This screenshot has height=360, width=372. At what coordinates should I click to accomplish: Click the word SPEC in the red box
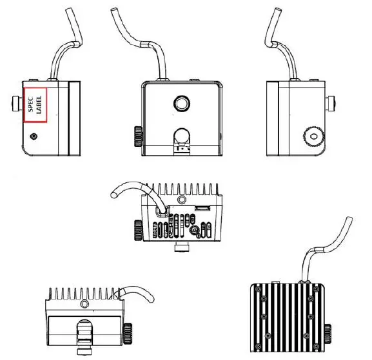pyautogui.click(x=29, y=102)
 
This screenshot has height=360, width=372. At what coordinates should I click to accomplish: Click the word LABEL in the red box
pyautogui.click(x=39, y=102)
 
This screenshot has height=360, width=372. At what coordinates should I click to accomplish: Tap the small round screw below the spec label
pyautogui.click(x=34, y=136)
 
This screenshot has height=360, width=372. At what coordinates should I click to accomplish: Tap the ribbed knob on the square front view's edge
pyautogui.click(x=137, y=135)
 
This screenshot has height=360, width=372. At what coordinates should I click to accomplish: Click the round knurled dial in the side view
pyautogui.click(x=314, y=134)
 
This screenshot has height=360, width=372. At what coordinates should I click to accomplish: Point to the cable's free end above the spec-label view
pyautogui.click(x=72, y=11)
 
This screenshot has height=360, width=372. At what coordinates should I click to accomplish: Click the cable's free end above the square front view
pyautogui.click(x=115, y=11)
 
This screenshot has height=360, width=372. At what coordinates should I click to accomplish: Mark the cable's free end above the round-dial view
pyautogui.click(x=277, y=11)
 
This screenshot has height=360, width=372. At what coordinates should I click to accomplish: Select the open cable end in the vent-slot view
pyautogui.click(x=114, y=192)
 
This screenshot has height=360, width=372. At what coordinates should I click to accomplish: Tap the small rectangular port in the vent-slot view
pyautogui.click(x=202, y=209)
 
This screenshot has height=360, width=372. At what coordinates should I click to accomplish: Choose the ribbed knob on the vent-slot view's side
pyautogui.click(x=137, y=229)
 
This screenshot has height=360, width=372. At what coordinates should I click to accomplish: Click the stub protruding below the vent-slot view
pyautogui.click(x=182, y=247)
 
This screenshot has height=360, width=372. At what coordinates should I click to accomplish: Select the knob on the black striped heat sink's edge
pyautogui.click(x=330, y=334)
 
